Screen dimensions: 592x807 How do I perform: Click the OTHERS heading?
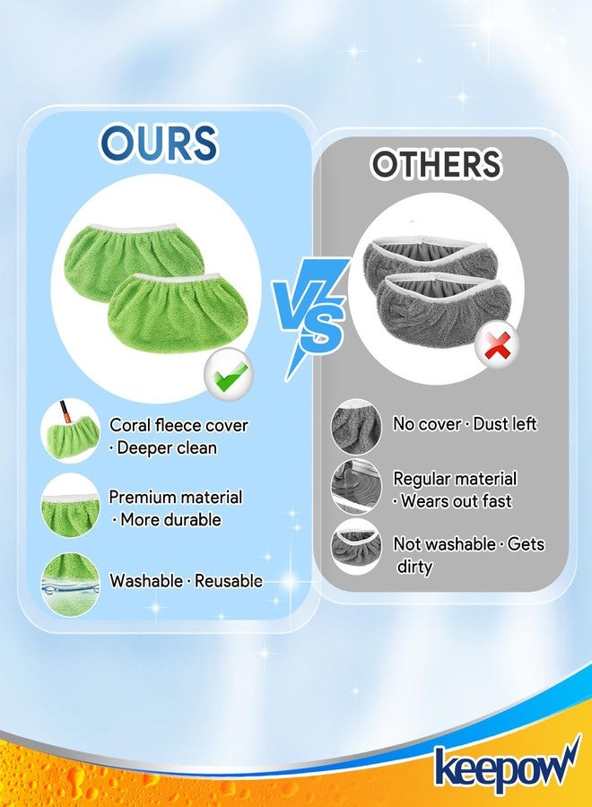click(436, 164)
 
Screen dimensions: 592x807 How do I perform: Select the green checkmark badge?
click(229, 374)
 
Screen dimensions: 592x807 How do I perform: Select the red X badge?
click(496, 345)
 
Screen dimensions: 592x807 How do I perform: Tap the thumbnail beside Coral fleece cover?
click(71, 430)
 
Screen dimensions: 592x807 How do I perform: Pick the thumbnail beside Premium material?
click(70, 506)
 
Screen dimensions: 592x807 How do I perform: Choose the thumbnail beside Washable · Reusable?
click(70, 585)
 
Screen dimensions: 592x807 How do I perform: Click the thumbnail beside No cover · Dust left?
click(356, 427)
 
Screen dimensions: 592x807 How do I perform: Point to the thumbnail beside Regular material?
click(356, 486)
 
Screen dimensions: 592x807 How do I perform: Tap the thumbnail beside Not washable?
click(356, 547)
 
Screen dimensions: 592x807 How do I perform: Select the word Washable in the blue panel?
click(146, 581)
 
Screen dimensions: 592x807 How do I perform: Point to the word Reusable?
click(229, 581)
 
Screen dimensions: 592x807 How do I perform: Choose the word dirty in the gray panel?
click(414, 568)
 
